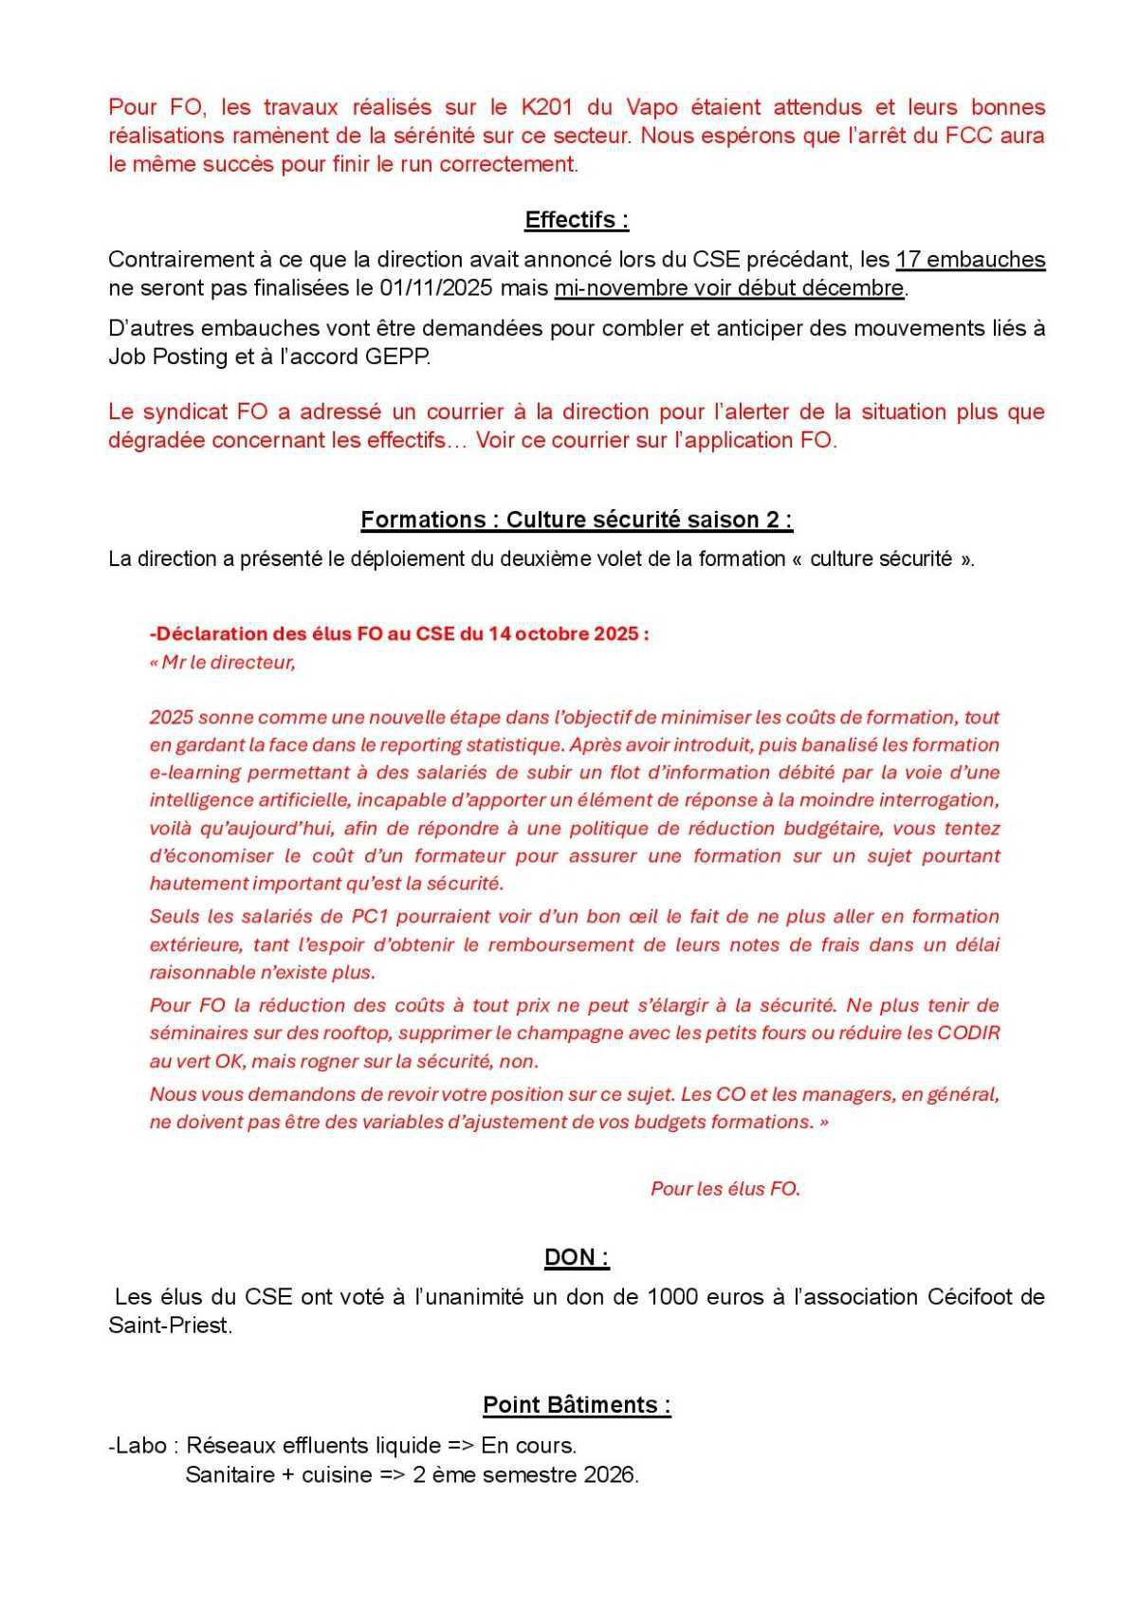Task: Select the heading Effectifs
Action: (577, 220)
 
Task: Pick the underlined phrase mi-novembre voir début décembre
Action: (729, 288)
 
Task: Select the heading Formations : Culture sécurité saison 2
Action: (577, 520)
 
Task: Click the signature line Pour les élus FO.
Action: (725, 1188)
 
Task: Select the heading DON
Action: (577, 1258)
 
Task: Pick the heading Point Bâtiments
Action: (577, 1404)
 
